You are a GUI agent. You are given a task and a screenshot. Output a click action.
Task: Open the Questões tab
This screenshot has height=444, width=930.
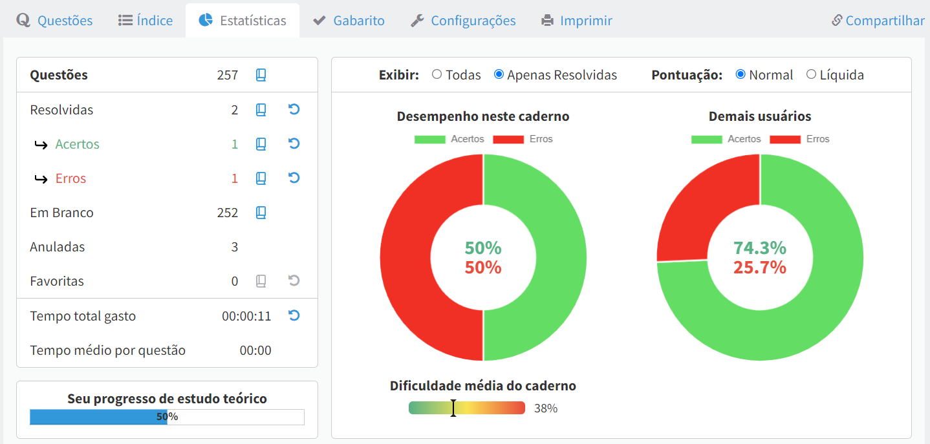[55, 21]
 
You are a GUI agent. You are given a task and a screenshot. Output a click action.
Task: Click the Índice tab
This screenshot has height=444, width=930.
[146, 21]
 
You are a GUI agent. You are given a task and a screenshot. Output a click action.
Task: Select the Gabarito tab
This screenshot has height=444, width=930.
[349, 21]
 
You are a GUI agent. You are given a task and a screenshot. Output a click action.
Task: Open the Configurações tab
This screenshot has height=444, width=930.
[463, 21]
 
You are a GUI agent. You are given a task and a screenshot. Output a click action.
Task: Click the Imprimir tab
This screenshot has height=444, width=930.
[577, 21]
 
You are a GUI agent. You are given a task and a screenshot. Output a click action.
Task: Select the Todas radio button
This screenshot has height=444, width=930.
[437, 74]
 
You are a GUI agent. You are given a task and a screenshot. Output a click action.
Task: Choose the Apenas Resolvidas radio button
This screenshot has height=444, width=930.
[499, 74]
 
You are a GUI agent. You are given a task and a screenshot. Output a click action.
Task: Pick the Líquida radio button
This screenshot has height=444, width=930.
[811, 74]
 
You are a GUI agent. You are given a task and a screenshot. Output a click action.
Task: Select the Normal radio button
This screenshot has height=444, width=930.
[741, 74]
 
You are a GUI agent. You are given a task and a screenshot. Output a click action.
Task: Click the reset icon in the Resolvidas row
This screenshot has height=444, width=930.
[294, 109]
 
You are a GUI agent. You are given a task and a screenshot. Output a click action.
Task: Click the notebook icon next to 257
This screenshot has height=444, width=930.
[261, 75]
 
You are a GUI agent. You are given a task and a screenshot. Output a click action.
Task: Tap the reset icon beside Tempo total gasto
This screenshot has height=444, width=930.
[294, 315]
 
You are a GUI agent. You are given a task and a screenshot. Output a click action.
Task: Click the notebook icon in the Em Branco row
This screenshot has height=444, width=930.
[261, 213]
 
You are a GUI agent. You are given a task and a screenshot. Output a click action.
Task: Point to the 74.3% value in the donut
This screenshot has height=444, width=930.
[760, 248]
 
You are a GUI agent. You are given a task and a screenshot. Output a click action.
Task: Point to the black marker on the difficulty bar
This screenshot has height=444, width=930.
[453, 408]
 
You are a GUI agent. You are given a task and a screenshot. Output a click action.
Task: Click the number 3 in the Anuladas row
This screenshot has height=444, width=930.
[235, 247]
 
